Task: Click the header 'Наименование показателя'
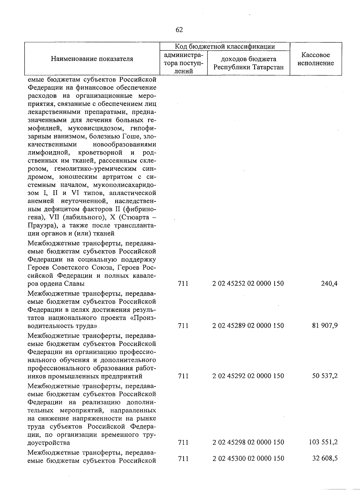[x=92, y=59]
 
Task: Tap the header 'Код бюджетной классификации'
[x=225, y=47]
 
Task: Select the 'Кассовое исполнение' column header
[x=316, y=59]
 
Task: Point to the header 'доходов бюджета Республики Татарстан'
[x=248, y=63]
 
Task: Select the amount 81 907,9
[x=325, y=326]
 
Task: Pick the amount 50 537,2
[x=325, y=376]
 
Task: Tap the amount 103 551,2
[x=323, y=442]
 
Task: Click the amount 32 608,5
[x=325, y=458]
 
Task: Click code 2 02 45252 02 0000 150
[x=248, y=283]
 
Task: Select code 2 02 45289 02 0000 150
[x=248, y=326]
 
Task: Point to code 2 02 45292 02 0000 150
[x=248, y=376]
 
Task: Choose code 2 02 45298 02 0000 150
[x=248, y=442]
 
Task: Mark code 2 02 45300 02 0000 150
[x=248, y=458]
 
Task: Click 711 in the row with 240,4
[x=183, y=283]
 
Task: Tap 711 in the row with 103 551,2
[x=183, y=442]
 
